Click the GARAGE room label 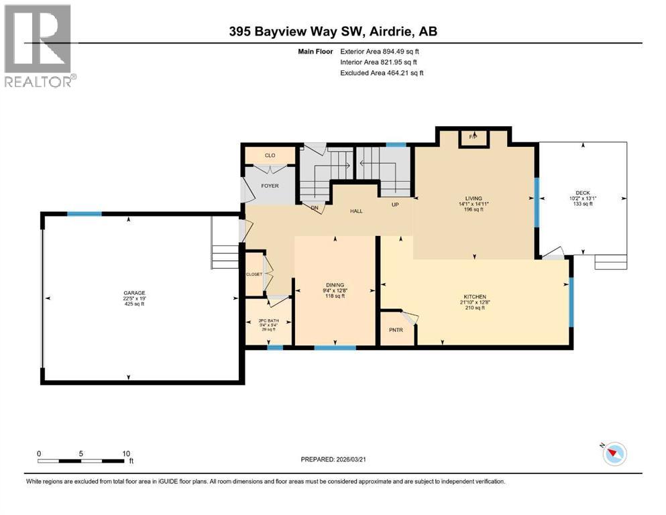(133, 292)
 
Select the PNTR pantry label (396, 330)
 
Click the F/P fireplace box (472, 137)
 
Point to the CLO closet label (270, 156)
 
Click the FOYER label (270, 186)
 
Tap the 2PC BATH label (268, 321)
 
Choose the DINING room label (335, 284)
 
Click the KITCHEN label (474, 297)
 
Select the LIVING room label (474, 198)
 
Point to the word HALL (356, 211)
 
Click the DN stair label (314, 208)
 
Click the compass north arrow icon (614, 455)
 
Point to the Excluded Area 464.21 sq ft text (382, 72)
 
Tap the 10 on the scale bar (125, 453)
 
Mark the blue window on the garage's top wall (84, 214)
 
